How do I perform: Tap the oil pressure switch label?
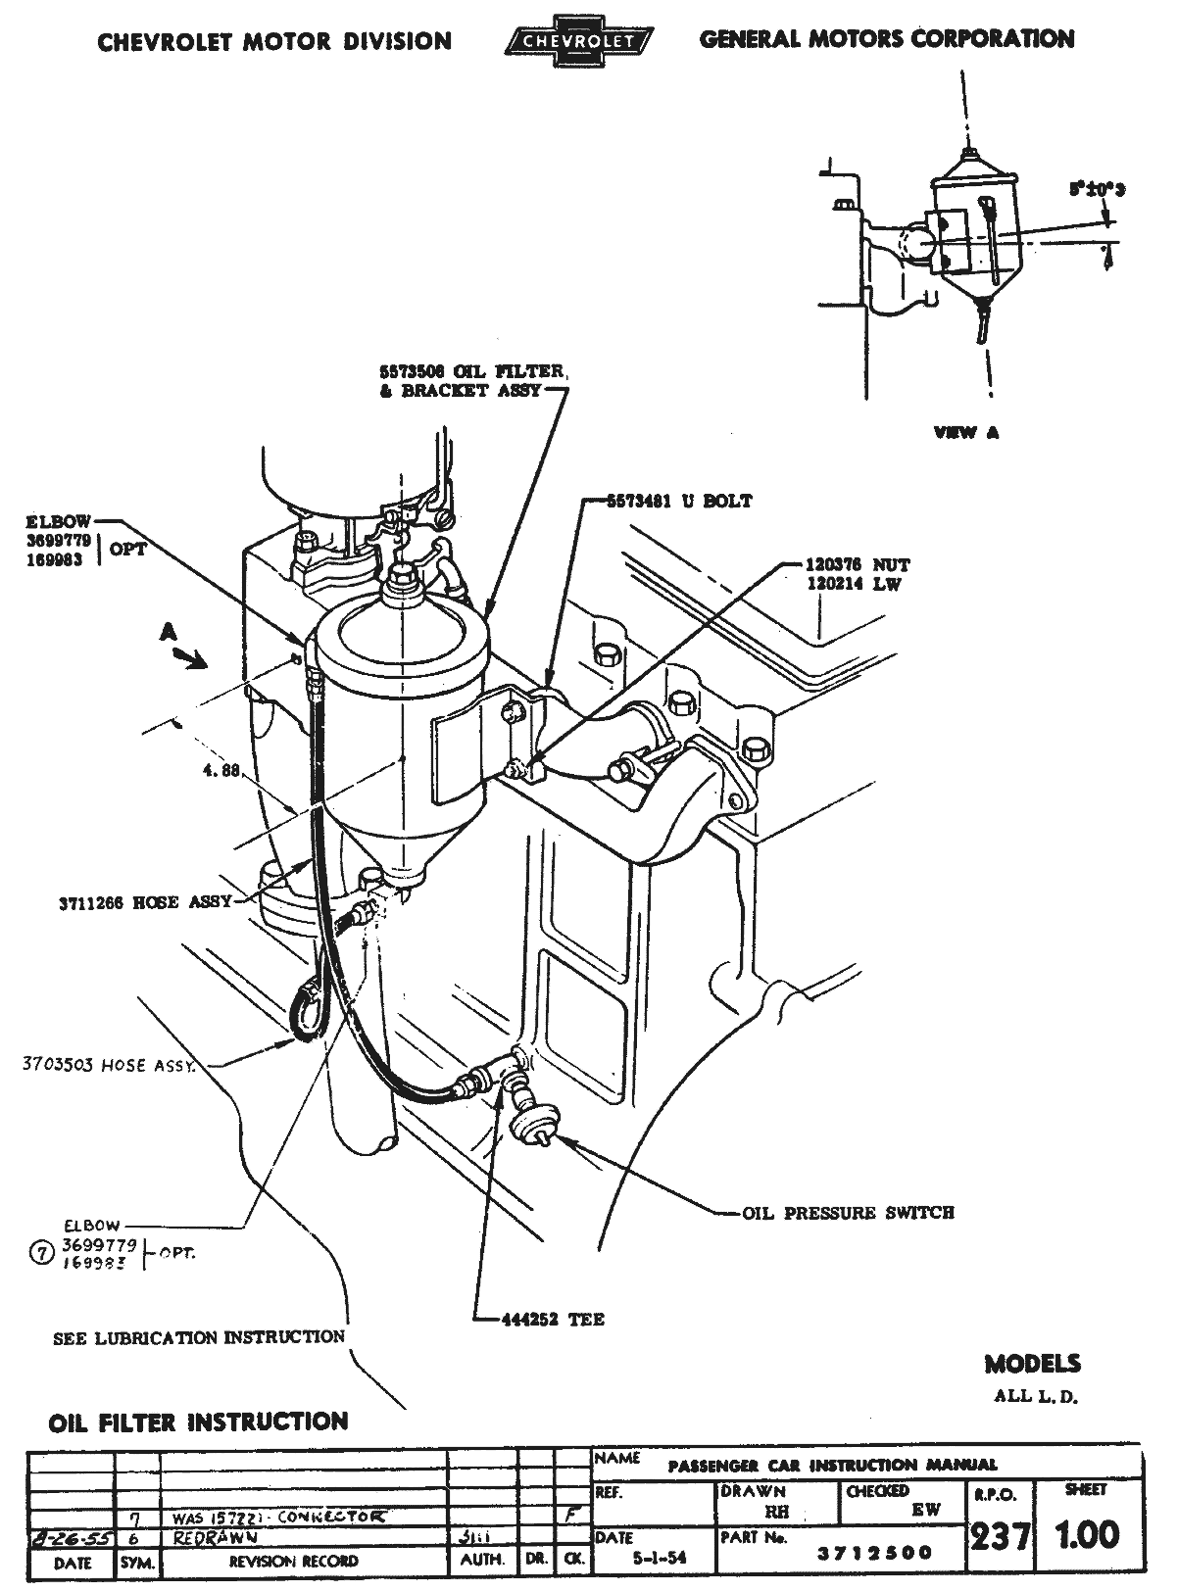pyautogui.click(x=848, y=1213)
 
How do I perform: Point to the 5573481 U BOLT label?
pyautogui.click(x=675, y=501)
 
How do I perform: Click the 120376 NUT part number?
pyautogui.click(x=858, y=565)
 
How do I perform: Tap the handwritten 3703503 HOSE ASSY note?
pyautogui.click(x=108, y=1065)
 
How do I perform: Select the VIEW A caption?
pyautogui.click(x=967, y=432)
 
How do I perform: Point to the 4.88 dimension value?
pyautogui.click(x=221, y=771)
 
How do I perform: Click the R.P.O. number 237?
pyautogui.click(x=999, y=1536)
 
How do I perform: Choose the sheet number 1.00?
pyautogui.click(x=1085, y=1534)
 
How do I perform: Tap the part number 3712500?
pyautogui.click(x=876, y=1553)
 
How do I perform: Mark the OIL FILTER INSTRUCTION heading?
pyautogui.click(x=198, y=1422)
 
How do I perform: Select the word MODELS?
pyautogui.click(x=1033, y=1363)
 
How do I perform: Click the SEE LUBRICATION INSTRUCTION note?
pyautogui.click(x=199, y=1337)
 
